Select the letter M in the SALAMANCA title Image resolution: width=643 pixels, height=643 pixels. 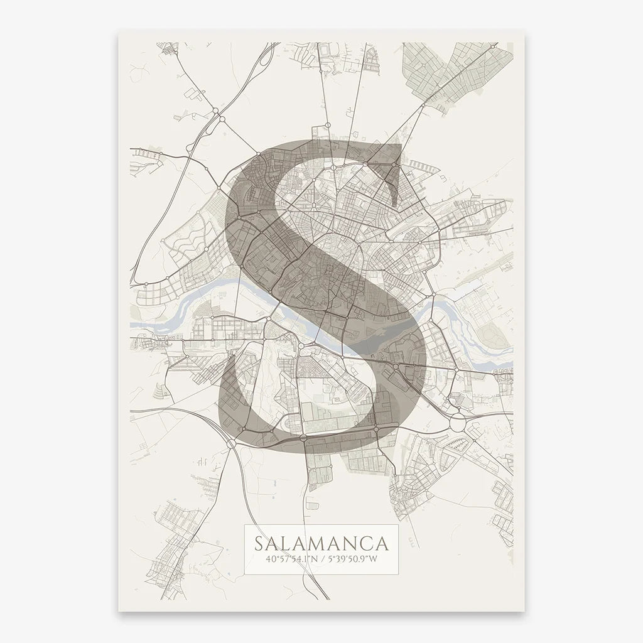(x=316, y=542)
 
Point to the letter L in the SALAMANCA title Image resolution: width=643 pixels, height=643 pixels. (x=288, y=542)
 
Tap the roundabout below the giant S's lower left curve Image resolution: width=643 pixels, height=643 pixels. (x=233, y=443)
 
